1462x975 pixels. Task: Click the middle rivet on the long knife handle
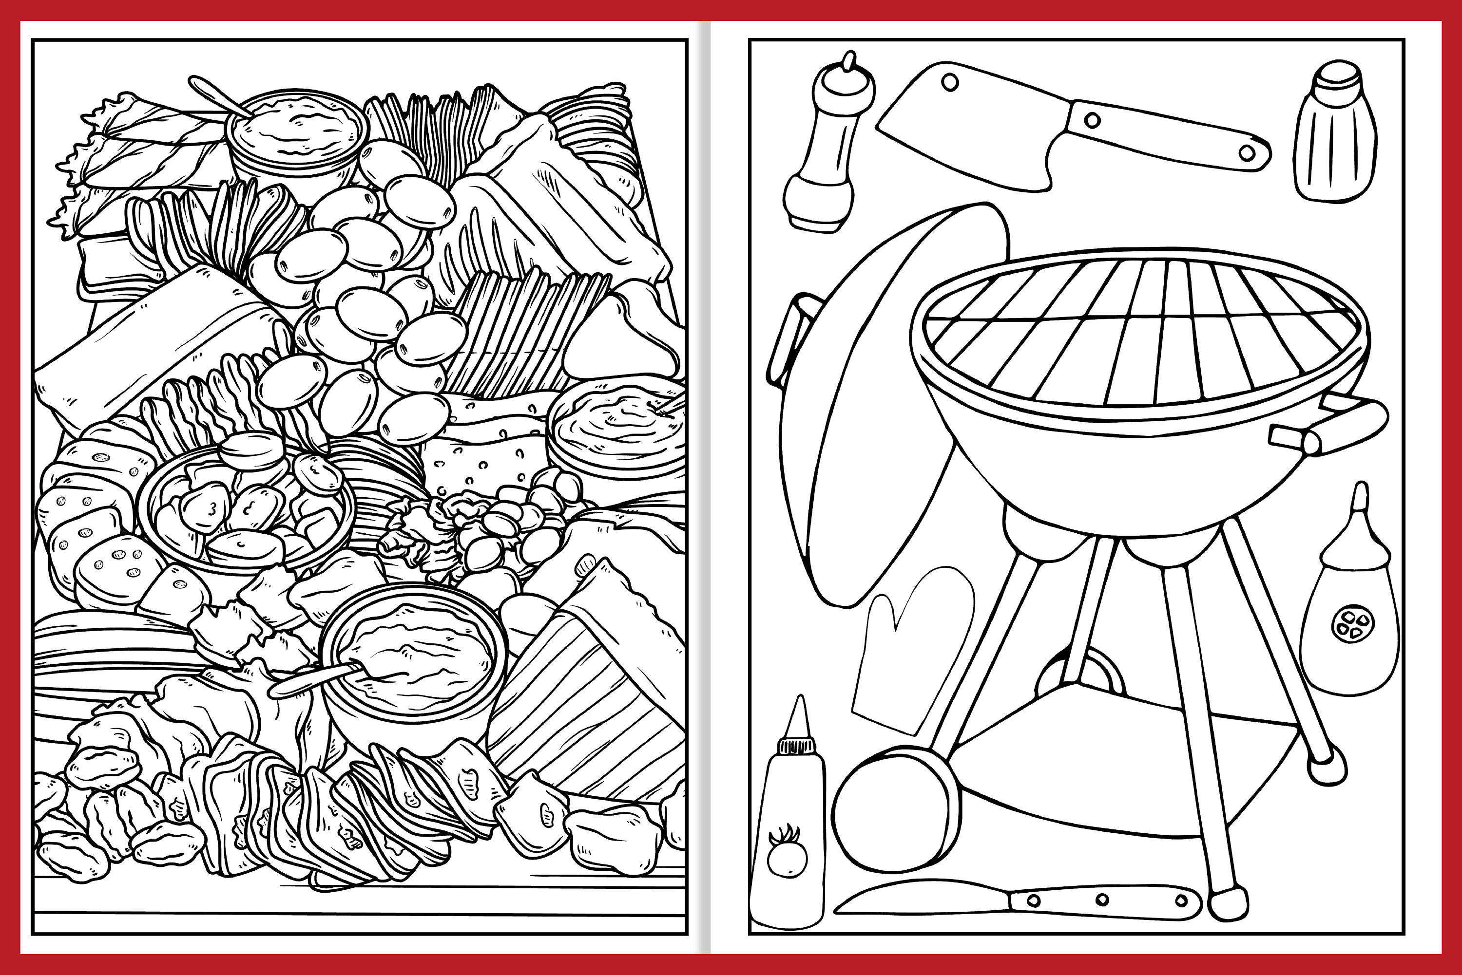(x=1102, y=899)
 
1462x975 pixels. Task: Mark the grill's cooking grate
(x=1138, y=333)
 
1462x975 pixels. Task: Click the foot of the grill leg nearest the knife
(x=1229, y=901)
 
